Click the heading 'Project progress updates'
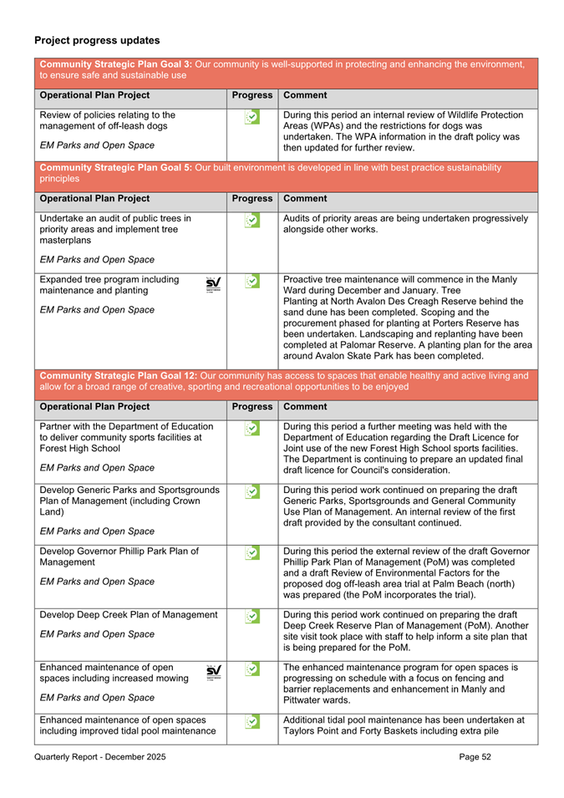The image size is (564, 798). pyautogui.click(x=97, y=40)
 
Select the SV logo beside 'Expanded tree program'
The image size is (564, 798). pyautogui.click(x=213, y=284)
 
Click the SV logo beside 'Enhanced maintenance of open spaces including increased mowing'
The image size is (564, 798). pyautogui.click(x=213, y=672)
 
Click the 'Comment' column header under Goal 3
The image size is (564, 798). pyautogui.click(x=305, y=95)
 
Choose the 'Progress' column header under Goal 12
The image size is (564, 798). pyautogui.click(x=252, y=407)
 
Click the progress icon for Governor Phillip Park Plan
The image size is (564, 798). pyautogui.click(x=252, y=554)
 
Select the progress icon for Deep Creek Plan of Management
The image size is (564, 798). pyautogui.click(x=252, y=618)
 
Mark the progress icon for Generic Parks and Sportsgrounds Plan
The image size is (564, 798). pyautogui.click(x=252, y=492)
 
